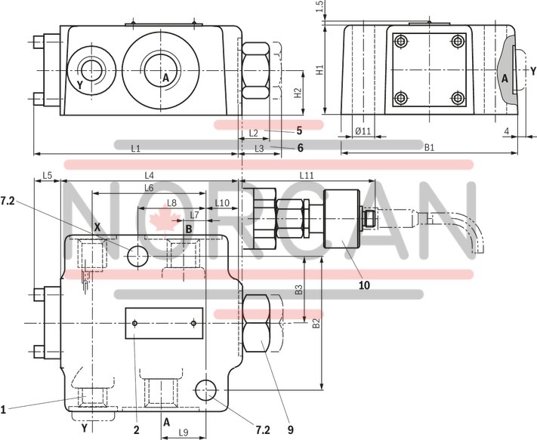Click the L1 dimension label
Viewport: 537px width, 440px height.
135,149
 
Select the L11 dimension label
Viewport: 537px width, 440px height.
306,175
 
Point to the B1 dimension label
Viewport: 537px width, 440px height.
428,148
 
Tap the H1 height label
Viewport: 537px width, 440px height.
320,70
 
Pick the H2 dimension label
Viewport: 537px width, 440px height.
298,93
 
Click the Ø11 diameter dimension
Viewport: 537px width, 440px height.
363,132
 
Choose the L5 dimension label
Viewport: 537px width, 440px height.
47,175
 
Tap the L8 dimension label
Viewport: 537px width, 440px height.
171,203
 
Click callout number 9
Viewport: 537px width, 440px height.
289,431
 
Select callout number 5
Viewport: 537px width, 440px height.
299,130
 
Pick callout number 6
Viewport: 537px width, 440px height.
300,148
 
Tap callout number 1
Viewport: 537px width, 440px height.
4,410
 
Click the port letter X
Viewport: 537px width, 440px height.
97,226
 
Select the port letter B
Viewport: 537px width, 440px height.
188,229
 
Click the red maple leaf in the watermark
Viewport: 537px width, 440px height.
160,220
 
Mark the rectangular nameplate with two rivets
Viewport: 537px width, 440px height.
165,323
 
